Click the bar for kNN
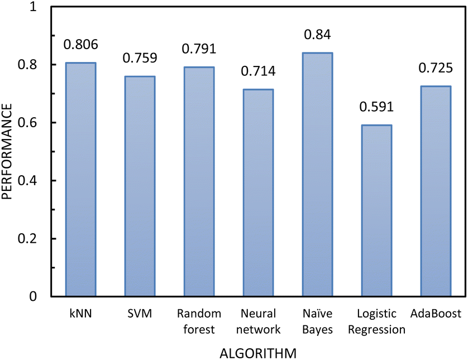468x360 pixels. coord(81,179)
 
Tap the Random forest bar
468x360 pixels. coord(199,181)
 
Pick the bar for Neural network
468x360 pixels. coord(257,193)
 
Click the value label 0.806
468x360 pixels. coord(81,44)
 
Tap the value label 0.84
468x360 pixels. coord(317,34)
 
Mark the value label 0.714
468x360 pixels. coord(257,71)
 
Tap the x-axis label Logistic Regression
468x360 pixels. coord(376,321)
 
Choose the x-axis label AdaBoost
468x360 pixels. coord(435,314)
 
